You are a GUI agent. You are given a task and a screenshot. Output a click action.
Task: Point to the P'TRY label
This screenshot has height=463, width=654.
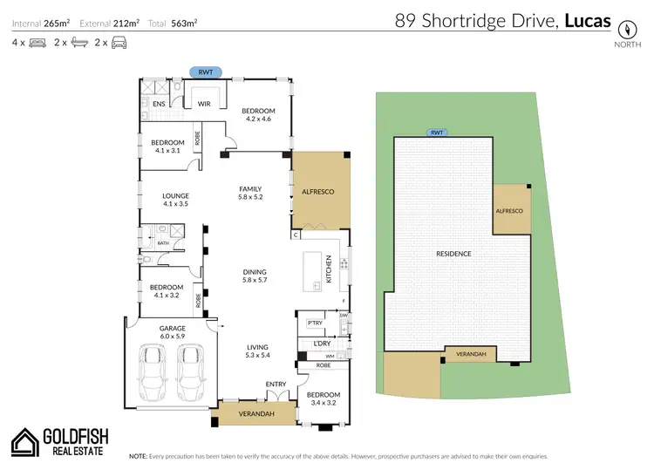pyautogui.click(x=315, y=324)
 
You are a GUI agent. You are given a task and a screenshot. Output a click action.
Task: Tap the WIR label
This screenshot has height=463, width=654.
pyautogui.click(x=205, y=104)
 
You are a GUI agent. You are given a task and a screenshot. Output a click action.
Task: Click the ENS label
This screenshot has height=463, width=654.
pyautogui.click(x=159, y=104)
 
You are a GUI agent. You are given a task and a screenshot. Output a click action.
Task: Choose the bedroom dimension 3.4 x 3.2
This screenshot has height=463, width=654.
pyautogui.click(x=323, y=404)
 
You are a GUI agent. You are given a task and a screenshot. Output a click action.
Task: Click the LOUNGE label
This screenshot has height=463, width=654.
pyautogui.click(x=175, y=196)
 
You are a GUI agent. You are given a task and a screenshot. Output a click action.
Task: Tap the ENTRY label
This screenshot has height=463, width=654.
pyautogui.click(x=276, y=385)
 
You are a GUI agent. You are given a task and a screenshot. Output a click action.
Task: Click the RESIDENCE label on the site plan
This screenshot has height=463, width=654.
pyautogui.click(x=453, y=254)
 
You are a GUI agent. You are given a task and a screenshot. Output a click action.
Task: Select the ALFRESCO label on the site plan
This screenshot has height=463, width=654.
pyautogui.click(x=508, y=211)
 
